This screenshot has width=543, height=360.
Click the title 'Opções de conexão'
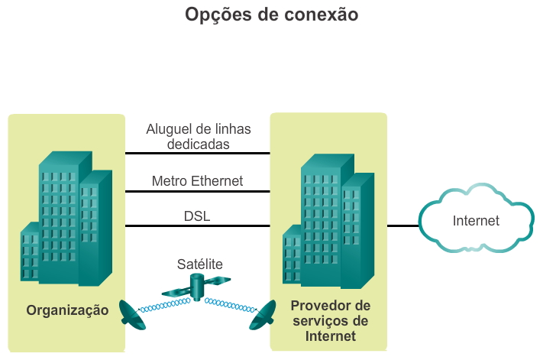pos(271,15)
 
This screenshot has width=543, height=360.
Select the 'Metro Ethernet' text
pos(197,181)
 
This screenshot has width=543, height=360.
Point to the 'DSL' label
pos(197,216)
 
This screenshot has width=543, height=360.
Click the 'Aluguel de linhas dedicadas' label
pos(199,135)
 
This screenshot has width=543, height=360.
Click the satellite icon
pos(196,288)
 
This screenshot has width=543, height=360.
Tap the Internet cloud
pos(475,221)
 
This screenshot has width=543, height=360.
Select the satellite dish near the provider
pos(263,315)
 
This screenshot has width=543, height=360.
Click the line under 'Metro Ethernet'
pos(197,191)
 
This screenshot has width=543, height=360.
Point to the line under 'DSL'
pos(197,225)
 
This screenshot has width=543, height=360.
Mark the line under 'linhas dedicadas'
pos(197,153)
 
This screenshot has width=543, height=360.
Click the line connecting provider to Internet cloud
pos(402,225)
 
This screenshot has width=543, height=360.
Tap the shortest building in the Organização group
pos(30,252)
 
